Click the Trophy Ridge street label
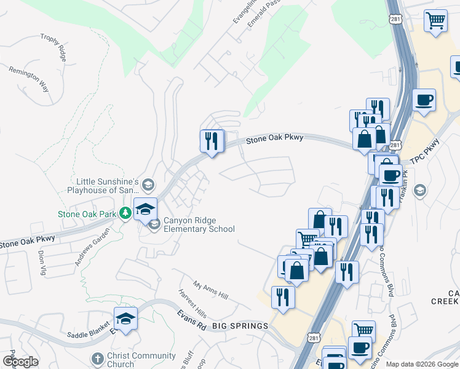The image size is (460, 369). point(53,47)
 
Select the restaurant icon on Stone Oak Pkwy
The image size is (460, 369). point(211,141)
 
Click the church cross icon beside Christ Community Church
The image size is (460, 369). point(97,359)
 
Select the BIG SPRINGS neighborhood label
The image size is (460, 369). point(240,325)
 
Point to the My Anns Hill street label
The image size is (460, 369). point(210,290)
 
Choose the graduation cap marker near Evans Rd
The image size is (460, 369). point(125,319)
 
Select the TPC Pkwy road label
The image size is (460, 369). point(426,159)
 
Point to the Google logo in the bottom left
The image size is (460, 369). point(21,362)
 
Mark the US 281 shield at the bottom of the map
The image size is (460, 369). point(314,339)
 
